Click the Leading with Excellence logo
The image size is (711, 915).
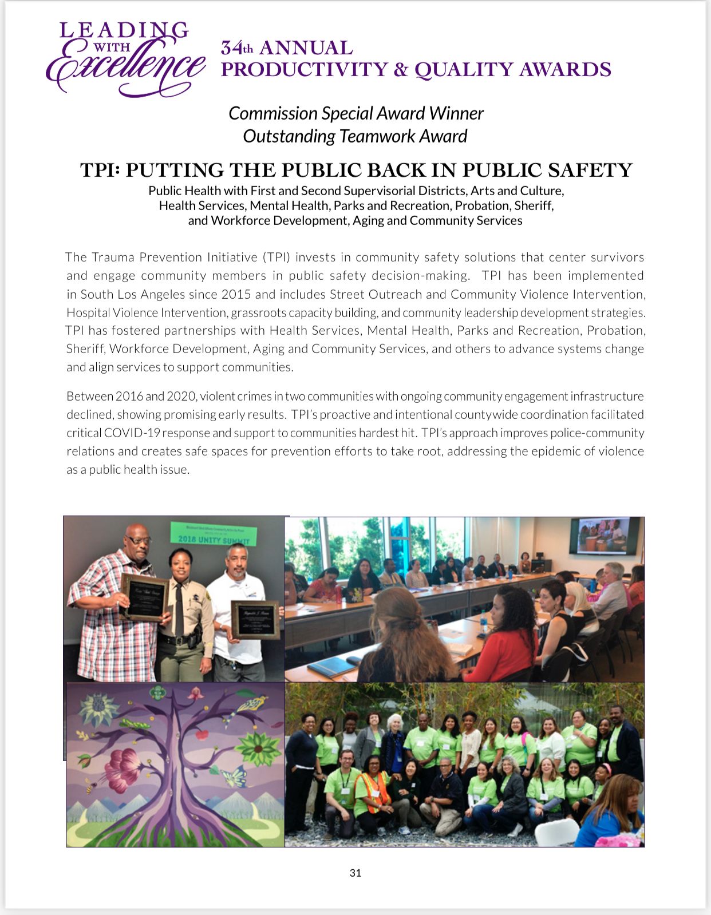tap(125, 60)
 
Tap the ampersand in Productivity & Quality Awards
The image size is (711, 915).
tap(401, 70)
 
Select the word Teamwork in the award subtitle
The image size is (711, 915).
tap(377, 136)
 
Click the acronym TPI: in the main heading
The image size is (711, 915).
tap(100, 170)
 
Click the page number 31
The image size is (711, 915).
tap(355, 873)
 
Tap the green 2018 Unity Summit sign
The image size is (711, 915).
tap(214, 534)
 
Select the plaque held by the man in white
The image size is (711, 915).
tap(255, 619)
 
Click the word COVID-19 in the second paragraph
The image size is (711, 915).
tap(136, 433)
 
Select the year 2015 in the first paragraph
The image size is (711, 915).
tap(236, 294)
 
